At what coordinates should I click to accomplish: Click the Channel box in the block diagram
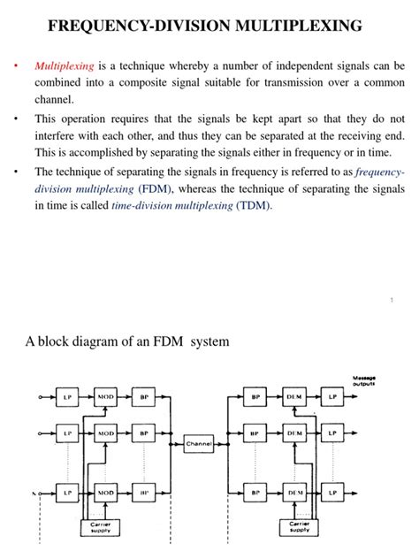(199, 447)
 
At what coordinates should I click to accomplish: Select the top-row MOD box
(106, 398)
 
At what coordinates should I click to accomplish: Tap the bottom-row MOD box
(106, 491)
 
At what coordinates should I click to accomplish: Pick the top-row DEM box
(294, 398)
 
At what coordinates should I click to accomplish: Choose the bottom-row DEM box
(294, 491)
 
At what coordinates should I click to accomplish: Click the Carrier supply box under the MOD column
(101, 528)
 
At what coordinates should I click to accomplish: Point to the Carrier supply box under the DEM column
(301, 528)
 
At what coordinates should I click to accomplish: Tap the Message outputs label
(364, 380)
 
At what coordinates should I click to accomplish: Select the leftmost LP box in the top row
(67, 398)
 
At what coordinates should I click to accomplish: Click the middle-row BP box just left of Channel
(143, 434)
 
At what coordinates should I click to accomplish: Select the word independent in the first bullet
(294, 65)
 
